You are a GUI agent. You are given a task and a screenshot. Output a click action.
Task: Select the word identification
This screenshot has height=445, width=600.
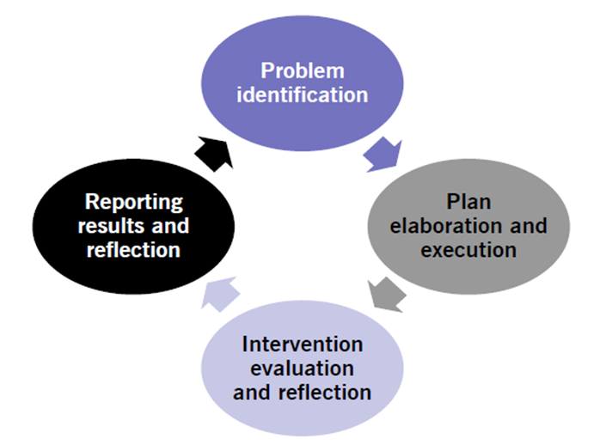302,94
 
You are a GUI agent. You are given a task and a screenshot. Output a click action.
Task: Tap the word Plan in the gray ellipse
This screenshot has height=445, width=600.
468,203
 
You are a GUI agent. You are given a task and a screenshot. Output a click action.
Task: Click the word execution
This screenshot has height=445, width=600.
469,250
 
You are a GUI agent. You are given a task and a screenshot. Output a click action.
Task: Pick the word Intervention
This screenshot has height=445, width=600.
302,344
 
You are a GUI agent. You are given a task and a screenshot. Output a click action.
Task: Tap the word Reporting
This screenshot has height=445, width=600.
133,203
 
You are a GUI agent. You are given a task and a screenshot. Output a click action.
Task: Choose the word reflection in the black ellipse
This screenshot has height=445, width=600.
133,250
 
